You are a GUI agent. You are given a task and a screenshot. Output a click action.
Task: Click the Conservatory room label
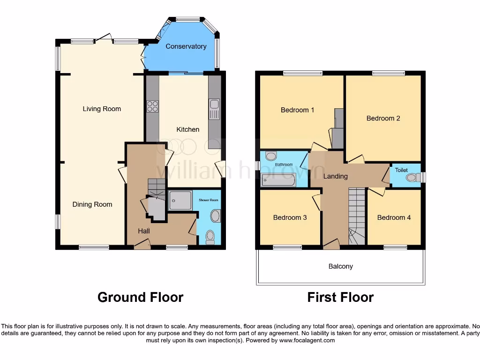coord(186,46)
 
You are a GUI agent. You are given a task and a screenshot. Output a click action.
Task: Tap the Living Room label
coord(102,109)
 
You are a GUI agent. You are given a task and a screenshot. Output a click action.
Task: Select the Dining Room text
coord(92,204)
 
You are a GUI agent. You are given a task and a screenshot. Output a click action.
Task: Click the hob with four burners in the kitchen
coord(152,107)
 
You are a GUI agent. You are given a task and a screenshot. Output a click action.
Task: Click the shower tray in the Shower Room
coord(180,200)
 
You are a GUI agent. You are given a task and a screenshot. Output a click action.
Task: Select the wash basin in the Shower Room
coord(215,216)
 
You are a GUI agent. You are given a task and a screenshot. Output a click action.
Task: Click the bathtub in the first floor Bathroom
coord(278,180)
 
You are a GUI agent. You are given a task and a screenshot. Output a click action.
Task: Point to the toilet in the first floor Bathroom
coord(271,157)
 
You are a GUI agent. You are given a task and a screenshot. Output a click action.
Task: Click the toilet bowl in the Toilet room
coord(413,177)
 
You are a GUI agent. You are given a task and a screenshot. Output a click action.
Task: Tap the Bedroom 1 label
coord(297,110)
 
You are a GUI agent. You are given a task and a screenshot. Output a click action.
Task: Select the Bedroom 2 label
coord(383,118)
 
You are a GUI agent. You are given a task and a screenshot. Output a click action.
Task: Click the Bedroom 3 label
coord(290,217)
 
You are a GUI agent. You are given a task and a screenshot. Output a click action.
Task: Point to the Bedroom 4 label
coord(394,217)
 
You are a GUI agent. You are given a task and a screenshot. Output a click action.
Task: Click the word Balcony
coord(340,266)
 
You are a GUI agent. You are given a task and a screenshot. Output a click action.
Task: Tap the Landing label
coord(335,176)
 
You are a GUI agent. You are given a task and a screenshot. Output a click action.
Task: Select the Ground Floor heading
coord(140,297)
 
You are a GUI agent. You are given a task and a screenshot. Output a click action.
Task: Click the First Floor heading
coord(340,297)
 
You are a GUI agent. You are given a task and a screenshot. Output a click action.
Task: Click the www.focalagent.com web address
coord(307,340)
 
